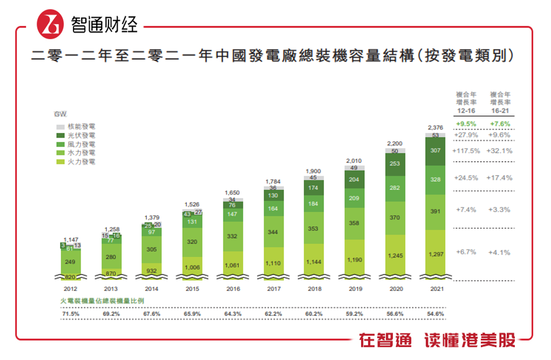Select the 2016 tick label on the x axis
point(233,289)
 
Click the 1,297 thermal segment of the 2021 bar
point(436,254)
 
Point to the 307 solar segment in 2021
point(436,151)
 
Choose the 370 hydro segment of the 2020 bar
point(395,218)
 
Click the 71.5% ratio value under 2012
point(70,314)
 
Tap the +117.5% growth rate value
point(466,151)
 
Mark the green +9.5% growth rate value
point(466,124)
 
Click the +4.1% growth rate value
point(499,252)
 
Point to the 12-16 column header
point(466,111)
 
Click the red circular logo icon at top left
point(50,23)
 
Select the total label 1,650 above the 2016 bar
point(233,193)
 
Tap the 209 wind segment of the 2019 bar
point(355,199)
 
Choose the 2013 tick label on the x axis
point(111,289)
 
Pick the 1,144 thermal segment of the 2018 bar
point(314,262)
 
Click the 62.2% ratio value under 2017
point(273,314)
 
